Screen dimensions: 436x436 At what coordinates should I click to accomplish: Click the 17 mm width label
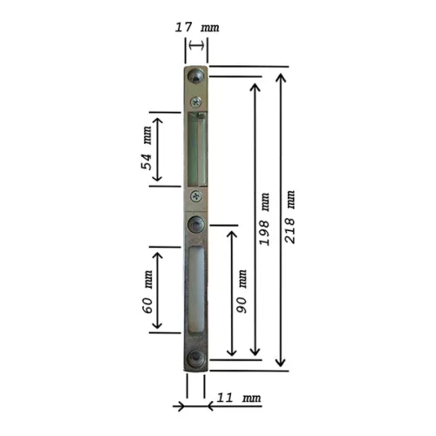click(x=197, y=27)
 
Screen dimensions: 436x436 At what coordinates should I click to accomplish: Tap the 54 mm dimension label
click(x=146, y=148)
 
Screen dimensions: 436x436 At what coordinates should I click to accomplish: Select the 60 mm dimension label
click(x=147, y=291)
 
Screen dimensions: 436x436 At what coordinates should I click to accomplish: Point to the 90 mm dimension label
click(x=242, y=291)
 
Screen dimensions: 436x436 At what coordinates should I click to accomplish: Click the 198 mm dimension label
click(x=264, y=219)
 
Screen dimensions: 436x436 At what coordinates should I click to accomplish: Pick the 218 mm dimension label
click(x=290, y=217)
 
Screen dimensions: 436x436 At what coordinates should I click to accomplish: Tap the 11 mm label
click(x=239, y=398)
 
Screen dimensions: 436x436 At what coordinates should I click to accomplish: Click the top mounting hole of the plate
click(x=195, y=76)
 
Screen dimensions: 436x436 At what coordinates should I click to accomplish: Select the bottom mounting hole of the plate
click(x=195, y=358)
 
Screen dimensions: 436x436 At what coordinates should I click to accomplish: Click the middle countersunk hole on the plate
click(x=195, y=224)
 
